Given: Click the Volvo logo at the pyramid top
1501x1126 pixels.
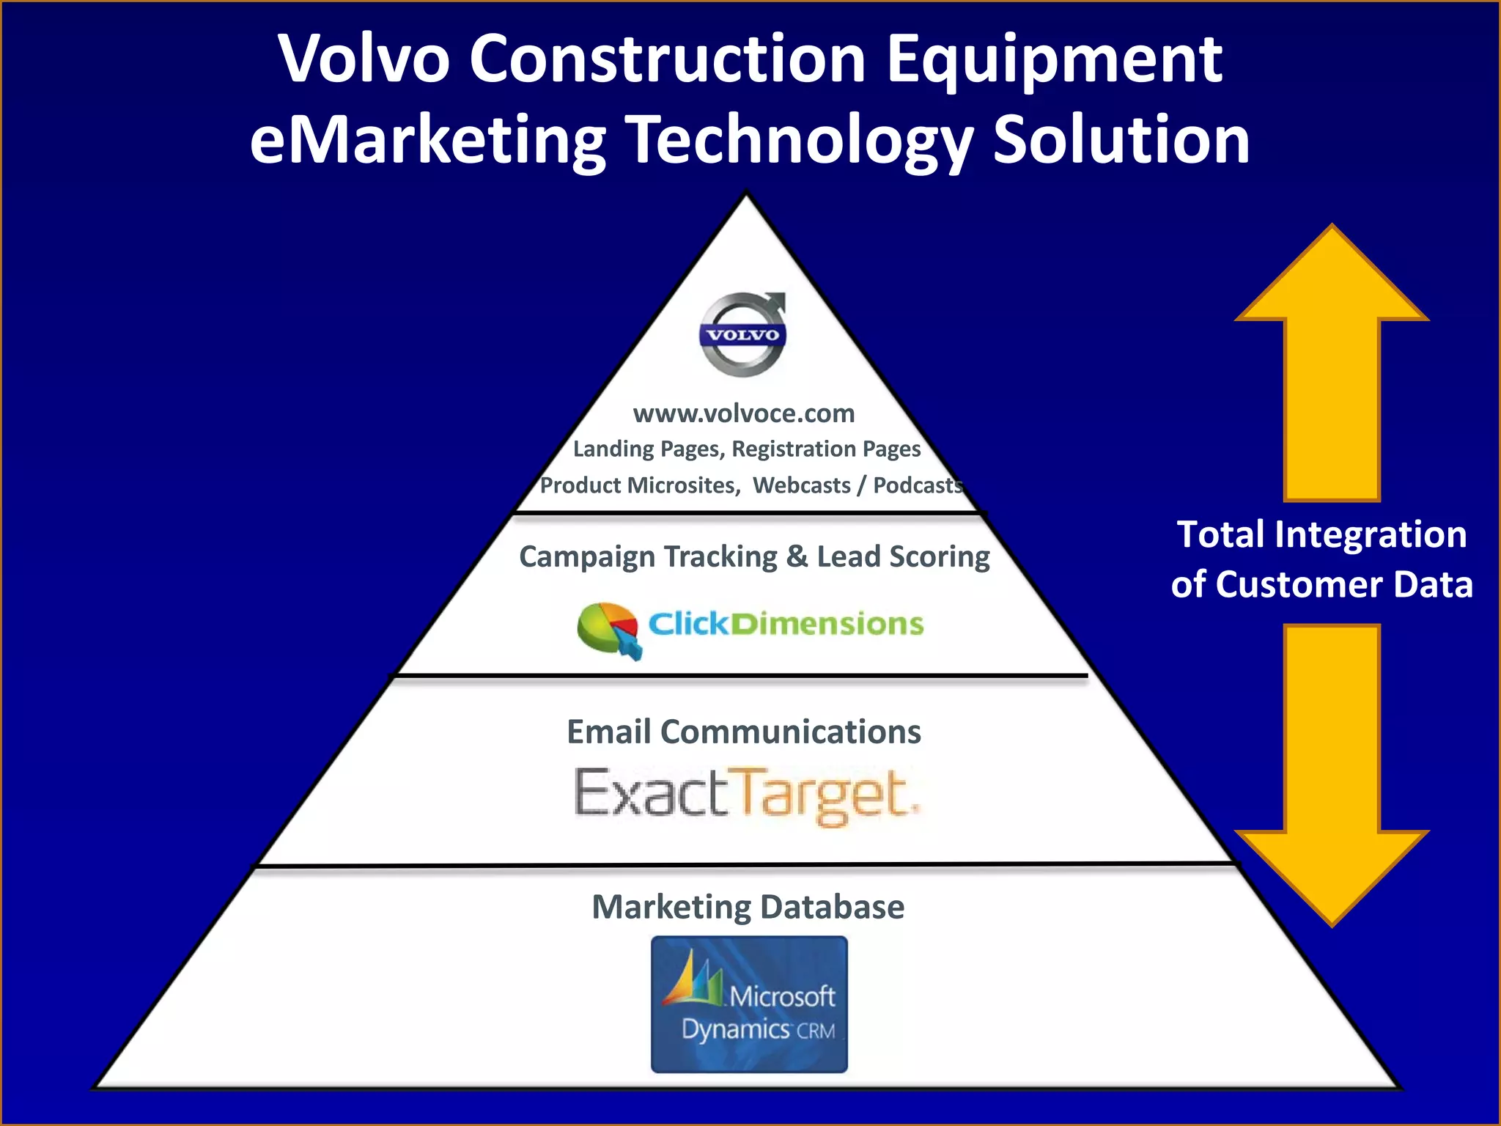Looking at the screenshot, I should [x=742, y=335].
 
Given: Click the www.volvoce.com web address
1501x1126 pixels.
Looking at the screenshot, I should [x=744, y=413].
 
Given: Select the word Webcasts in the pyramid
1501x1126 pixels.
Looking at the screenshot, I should [x=801, y=485].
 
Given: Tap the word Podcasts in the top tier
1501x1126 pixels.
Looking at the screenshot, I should [x=917, y=485].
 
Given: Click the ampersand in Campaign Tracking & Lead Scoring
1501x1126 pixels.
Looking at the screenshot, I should [x=797, y=557].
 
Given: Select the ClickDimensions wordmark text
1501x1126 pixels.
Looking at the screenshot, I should [x=786, y=624].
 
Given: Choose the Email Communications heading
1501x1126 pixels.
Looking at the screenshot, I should [x=744, y=732].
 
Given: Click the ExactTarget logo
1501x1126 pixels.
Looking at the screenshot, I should [x=746, y=795].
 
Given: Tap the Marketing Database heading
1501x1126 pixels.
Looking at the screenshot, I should [x=748, y=907].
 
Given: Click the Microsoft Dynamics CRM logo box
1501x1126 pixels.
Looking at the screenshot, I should [x=749, y=1004].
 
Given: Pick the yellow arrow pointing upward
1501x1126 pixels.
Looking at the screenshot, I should [x=1332, y=359].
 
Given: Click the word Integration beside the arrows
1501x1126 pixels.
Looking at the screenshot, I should [x=1371, y=534].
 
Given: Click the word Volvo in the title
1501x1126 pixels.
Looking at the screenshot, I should [x=364, y=59].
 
